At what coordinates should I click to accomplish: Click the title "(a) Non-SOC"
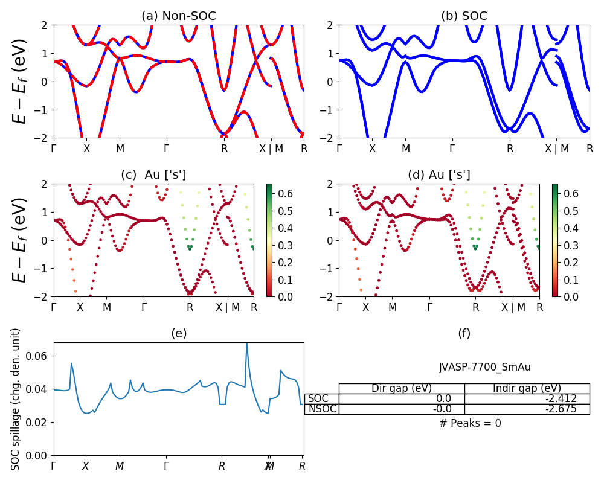pos(178,16)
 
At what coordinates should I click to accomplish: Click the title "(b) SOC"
pos(464,16)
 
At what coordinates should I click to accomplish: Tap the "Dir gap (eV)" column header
pos(401,388)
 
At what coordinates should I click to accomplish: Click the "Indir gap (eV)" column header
pos(527,388)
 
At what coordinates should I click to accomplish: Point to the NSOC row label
pos(322,409)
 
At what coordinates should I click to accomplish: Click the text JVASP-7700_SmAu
pos(484,367)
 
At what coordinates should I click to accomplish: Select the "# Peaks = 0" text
pos(470,423)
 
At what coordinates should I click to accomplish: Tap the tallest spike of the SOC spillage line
pos(246,344)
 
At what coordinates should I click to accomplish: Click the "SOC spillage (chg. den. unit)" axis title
pos(16,399)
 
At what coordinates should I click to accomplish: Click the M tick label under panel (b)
pos(406,148)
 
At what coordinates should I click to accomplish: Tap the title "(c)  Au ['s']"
pos(153,175)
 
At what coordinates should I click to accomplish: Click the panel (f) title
pos(464,333)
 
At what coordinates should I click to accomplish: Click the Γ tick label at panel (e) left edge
pos(54,466)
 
